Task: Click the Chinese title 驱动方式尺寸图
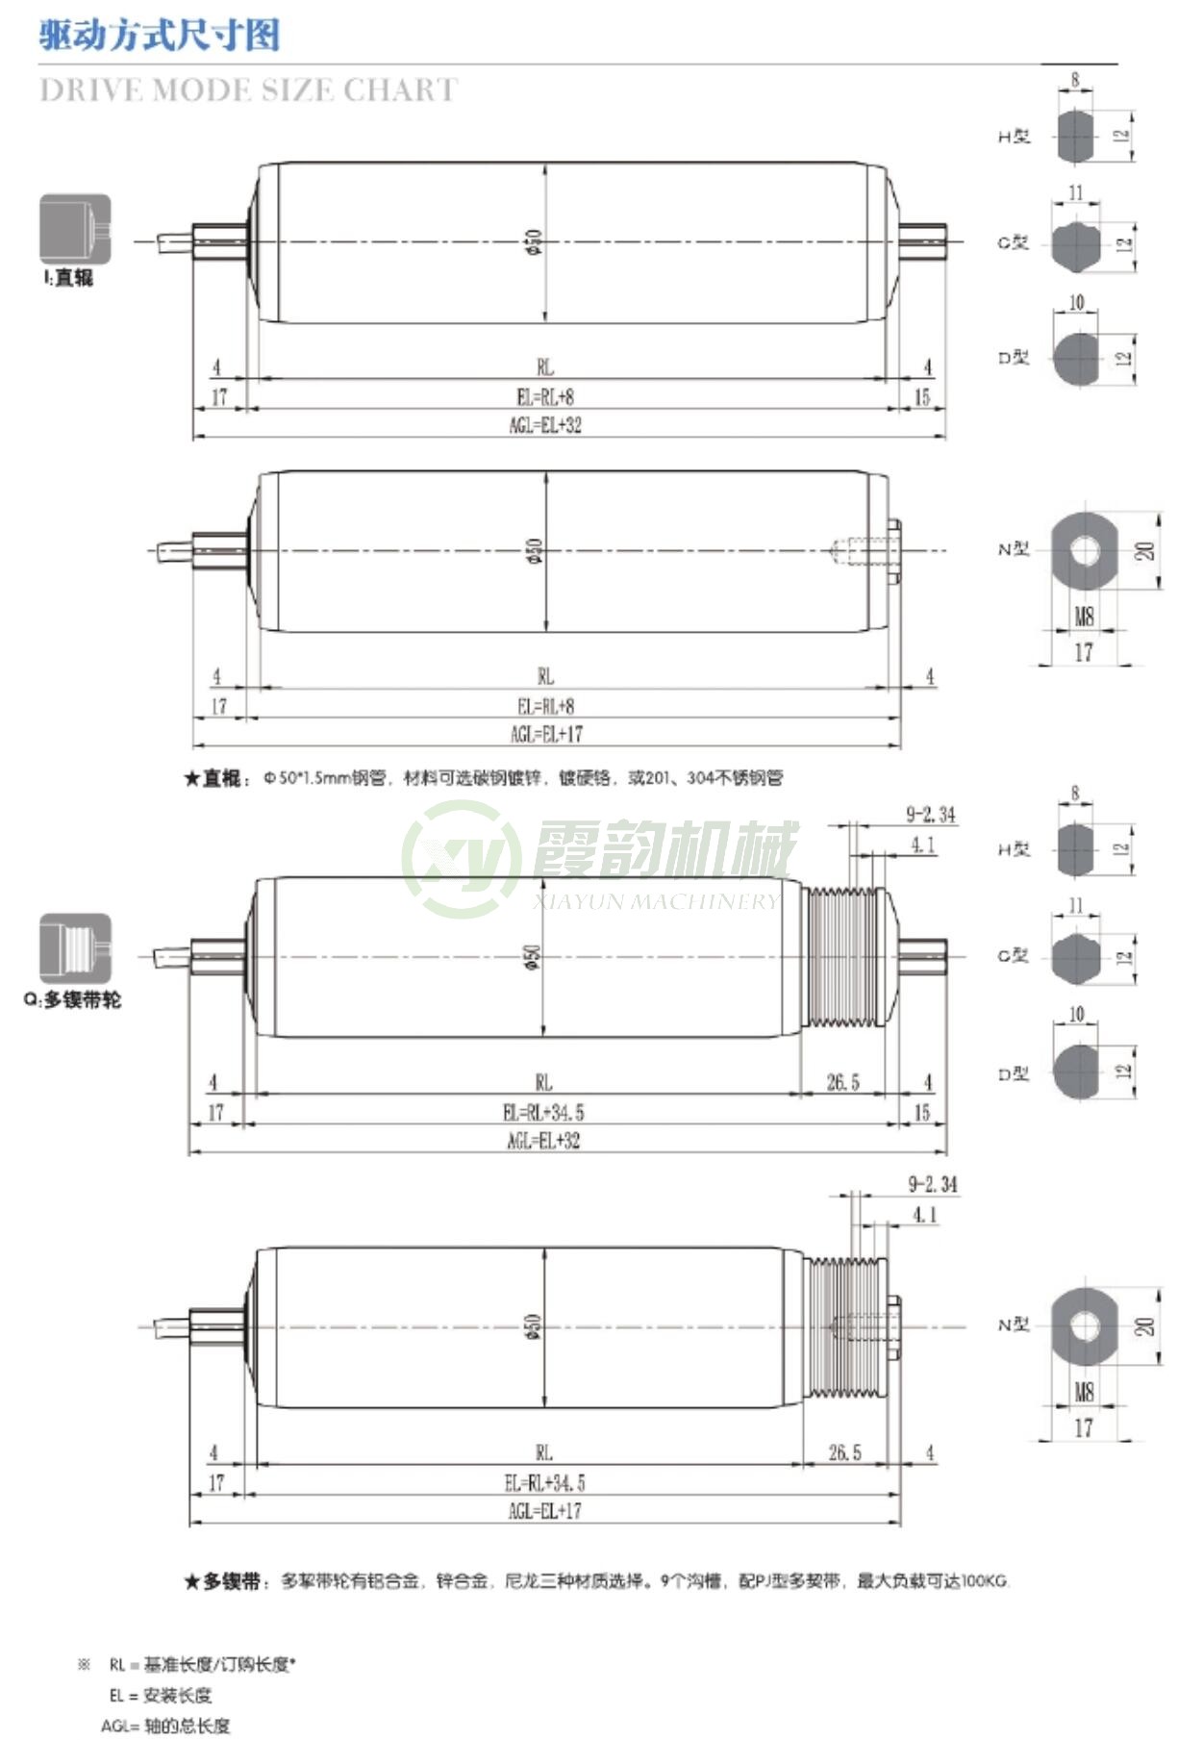pos(159,36)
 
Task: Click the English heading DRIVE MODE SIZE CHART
pos(248,89)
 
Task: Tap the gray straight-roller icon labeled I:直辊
pos(75,229)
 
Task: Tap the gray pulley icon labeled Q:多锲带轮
pos(75,948)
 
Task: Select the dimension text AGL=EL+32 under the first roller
pos(545,425)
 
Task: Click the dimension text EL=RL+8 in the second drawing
pos(545,706)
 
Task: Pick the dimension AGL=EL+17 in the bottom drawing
pos(544,1510)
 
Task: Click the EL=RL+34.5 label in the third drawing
pos(543,1113)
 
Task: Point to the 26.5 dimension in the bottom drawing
pos(844,1452)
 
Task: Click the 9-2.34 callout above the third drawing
pos(930,816)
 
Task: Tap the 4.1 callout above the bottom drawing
pos(924,1216)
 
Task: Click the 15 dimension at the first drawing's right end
pos(921,397)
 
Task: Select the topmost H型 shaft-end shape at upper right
pos(1075,137)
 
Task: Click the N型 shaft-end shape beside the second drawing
pos(1084,551)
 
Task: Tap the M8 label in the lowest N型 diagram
pos(1084,1392)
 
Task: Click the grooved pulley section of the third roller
pos(843,957)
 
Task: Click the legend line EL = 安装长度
pos(160,1695)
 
